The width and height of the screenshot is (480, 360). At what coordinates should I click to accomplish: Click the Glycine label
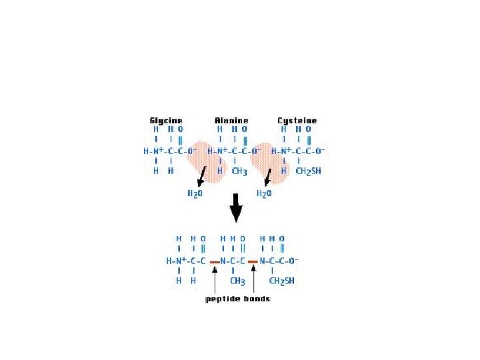pyautogui.click(x=165, y=121)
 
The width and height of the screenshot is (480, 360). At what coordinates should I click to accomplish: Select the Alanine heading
pyautogui.click(x=231, y=121)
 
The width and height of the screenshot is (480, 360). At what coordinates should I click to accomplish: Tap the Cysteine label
pyautogui.click(x=297, y=121)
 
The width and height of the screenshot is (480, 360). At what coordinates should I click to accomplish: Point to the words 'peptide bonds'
pyautogui.click(x=237, y=299)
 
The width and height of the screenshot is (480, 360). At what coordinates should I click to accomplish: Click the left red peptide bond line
pyautogui.click(x=214, y=263)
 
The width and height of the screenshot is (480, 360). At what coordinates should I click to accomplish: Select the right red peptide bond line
pyautogui.click(x=253, y=263)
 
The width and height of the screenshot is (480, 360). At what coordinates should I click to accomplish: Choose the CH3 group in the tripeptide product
pyautogui.click(x=238, y=281)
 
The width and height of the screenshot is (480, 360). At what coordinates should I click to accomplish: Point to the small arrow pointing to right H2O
pyautogui.click(x=268, y=177)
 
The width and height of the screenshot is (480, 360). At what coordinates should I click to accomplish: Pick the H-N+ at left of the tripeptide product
pyautogui.click(x=177, y=261)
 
